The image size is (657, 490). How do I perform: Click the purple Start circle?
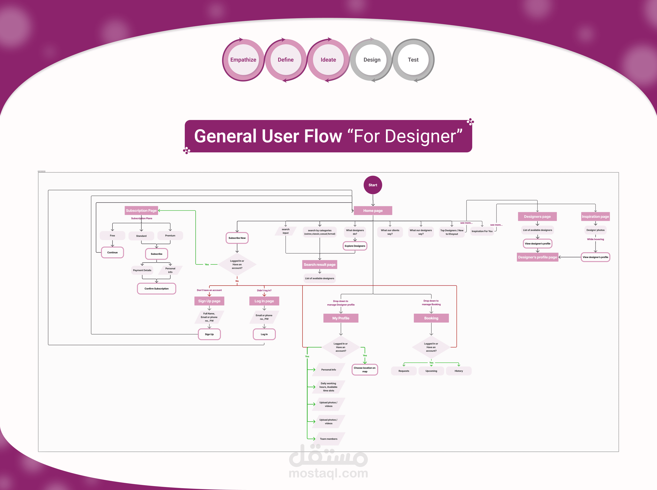(x=373, y=185)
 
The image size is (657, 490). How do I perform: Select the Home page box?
(x=373, y=211)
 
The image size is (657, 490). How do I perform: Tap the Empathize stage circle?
(x=243, y=60)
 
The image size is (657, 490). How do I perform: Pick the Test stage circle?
(x=413, y=60)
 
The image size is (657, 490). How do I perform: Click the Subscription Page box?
(x=141, y=211)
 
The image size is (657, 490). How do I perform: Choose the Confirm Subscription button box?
(x=156, y=289)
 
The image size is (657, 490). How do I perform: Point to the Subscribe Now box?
(x=237, y=238)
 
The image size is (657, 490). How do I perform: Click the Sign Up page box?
(x=209, y=301)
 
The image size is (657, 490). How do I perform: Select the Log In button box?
(x=264, y=334)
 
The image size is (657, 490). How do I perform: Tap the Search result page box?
(x=319, y=265)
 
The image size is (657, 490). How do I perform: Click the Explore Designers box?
(x=355, y=246)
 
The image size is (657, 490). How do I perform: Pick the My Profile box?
(x=341, y=318)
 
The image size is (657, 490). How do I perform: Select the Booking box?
(x=431, y=318)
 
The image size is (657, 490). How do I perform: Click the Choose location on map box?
(x=365, y=370)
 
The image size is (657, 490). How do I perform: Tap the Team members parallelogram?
(x=328, y=439)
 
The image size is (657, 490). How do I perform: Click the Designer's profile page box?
(x=537, y=257)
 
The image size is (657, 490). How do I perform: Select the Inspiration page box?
(x=595, y=216)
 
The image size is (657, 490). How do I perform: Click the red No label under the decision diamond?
(x=237, y=281)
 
